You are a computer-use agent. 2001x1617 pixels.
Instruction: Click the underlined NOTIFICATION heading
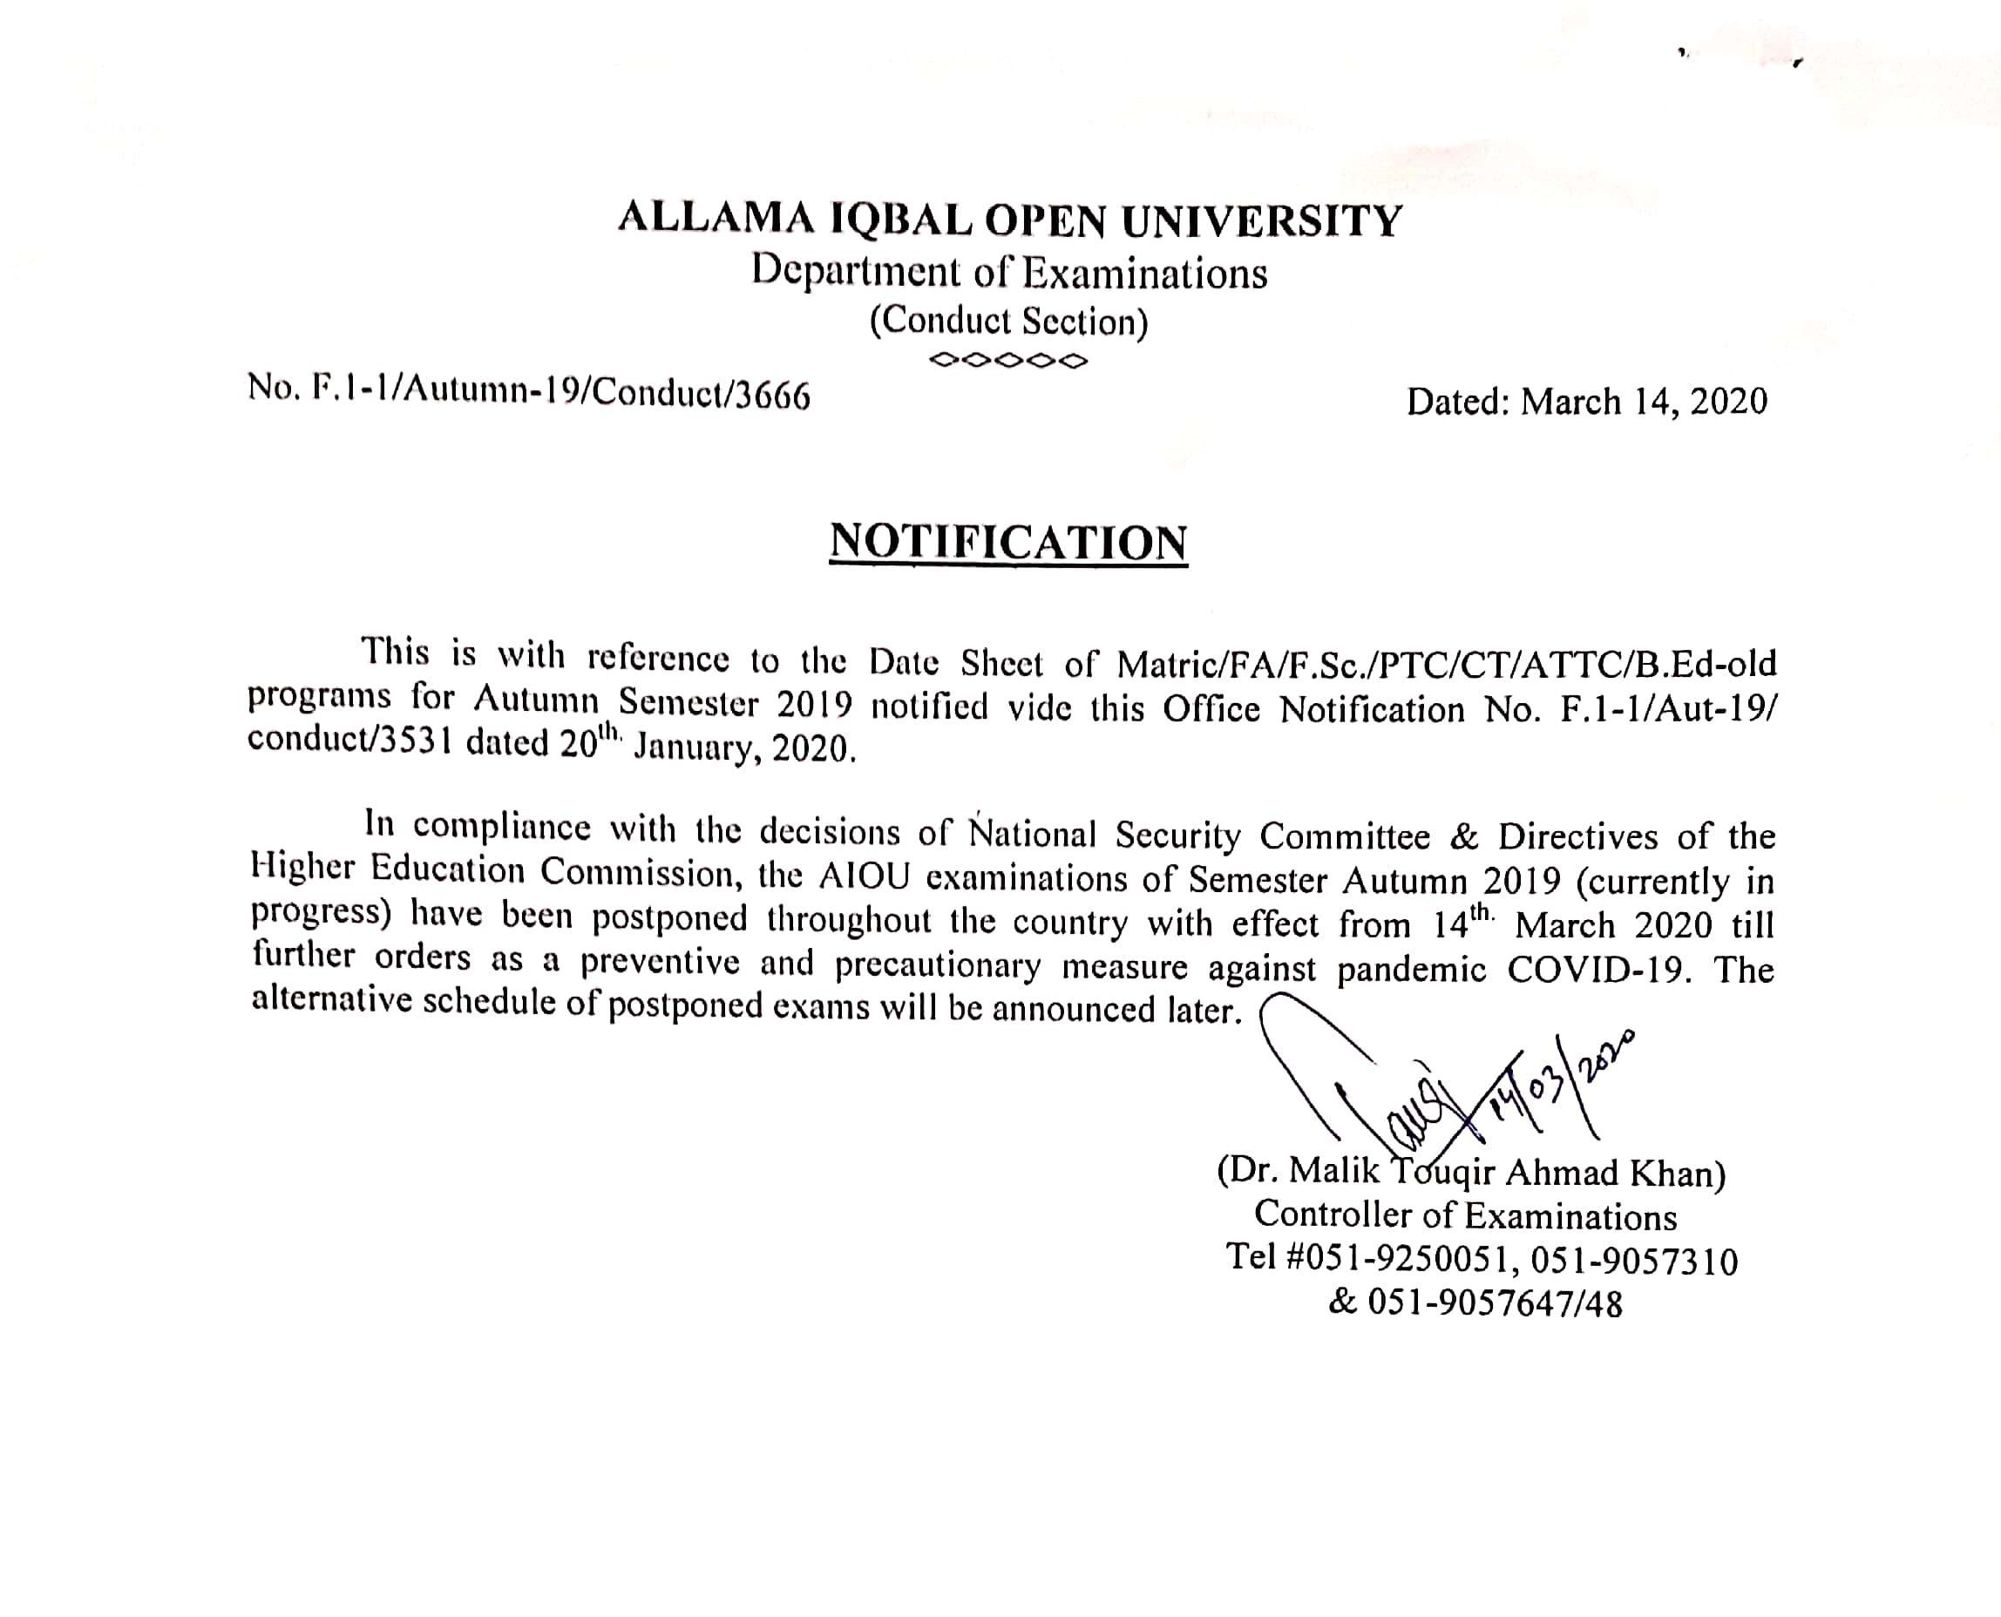[x=1008, y=542]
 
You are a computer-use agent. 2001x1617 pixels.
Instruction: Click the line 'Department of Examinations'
[x=1010, y=273]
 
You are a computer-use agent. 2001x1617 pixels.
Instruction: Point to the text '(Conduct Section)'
[x=1009, y=321]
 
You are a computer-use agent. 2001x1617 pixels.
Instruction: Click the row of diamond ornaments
[x=1009, y=360]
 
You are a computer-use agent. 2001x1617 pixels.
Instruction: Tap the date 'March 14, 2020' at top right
[x=1645, y=402]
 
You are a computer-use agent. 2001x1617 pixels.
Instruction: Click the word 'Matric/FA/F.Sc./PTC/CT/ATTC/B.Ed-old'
[x=1447, y=663]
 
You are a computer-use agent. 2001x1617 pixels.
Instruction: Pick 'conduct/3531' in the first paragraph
[x=350, y=741]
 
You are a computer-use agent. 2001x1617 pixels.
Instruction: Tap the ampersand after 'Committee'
[x=1463, y=837]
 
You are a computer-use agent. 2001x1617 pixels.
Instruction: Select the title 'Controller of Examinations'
[x=1465, y=1215]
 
